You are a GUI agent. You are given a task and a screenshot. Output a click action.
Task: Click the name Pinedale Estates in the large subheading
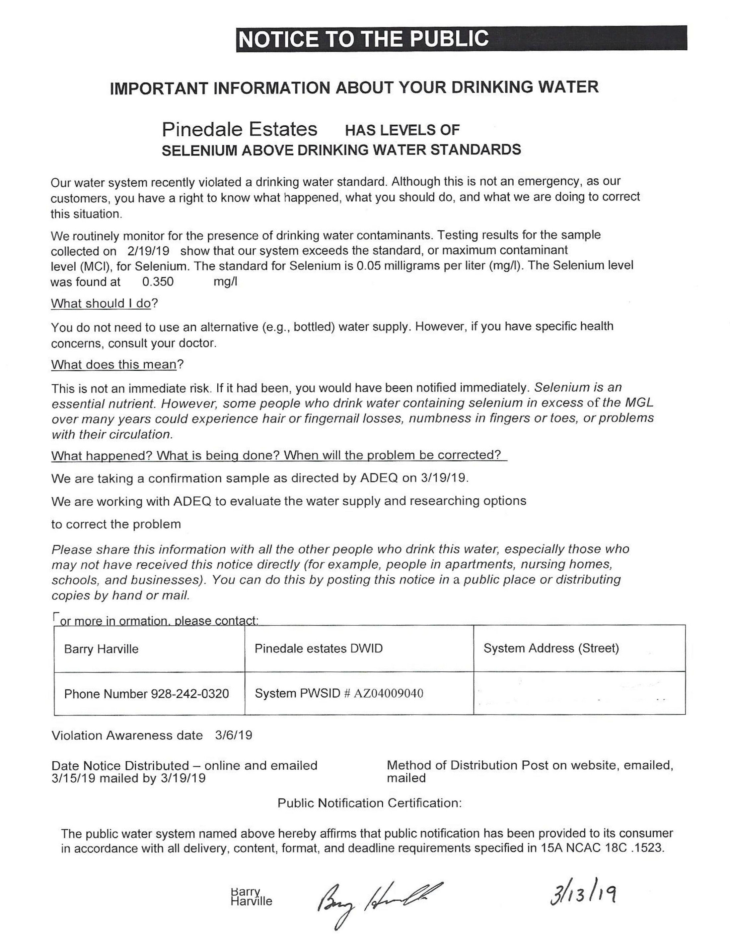[240, 129]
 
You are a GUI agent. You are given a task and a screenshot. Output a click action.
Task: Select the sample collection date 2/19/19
[149, 251]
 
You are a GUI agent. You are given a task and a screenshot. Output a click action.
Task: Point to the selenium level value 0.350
[158, 282]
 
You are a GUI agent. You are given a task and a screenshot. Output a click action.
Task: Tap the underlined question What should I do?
[104, 303]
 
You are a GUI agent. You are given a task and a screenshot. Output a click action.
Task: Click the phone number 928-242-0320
[189, 693]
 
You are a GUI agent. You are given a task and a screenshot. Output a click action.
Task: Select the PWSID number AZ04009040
[388, 693]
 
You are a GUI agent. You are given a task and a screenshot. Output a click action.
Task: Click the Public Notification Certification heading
[369, 803]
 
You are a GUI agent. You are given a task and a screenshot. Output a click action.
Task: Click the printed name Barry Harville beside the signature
[251, 896]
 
